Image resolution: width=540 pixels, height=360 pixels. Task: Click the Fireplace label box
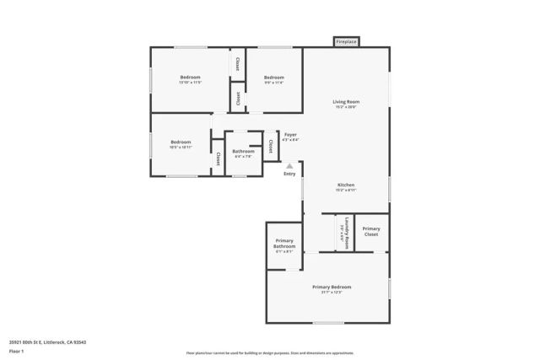coord(346,41)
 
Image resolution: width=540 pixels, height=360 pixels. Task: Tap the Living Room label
coord(346,101)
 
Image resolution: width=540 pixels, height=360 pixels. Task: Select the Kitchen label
coord(346,185)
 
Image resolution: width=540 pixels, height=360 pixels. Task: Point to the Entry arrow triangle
coord(290,165)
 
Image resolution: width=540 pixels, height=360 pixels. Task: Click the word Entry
coord(290,174)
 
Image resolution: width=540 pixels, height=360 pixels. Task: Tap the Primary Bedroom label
coord(331,287)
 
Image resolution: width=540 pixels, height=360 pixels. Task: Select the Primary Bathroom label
coord(284,244)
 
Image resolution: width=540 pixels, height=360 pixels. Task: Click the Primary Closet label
coord(371,231)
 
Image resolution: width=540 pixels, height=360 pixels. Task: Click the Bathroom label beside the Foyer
coord(243,151)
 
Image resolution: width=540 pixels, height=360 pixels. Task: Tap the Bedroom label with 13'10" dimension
coord(190,78)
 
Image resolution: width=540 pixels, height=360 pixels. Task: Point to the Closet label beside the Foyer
coord(270,146)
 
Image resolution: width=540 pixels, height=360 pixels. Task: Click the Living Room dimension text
coord(346,107)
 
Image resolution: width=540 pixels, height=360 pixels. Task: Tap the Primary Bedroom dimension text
coord(331,293)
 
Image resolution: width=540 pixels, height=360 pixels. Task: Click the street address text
coord(48,341)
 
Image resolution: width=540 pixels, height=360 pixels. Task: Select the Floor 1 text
coord(17,350)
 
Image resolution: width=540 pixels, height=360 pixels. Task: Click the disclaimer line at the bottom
coord(270,353)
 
